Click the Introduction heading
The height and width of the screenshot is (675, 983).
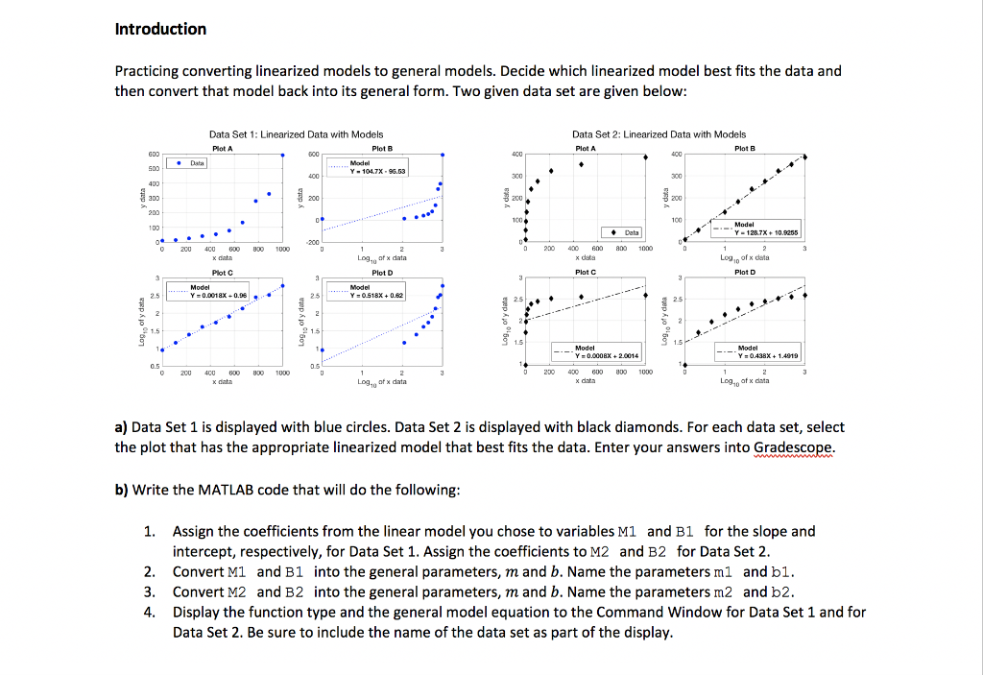click(x=160, y=29)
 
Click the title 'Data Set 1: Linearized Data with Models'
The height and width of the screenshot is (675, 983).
click(x=296, y=134)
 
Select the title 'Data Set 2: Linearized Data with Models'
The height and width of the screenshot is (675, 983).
click(x=659, y=134)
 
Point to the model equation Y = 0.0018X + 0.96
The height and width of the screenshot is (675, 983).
click(x=219, y=295)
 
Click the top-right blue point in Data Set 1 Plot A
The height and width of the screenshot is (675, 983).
click(x=282, y=154)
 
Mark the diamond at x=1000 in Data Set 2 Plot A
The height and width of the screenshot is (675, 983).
click(x=645, y=157)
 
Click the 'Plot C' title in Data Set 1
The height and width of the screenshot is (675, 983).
click(x=222, y=272)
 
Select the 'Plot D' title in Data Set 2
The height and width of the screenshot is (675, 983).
click(x=744, y=272)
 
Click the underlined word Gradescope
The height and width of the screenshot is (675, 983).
click(x=792, y=447)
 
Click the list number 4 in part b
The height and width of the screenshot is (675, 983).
click(x=149, y=612)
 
